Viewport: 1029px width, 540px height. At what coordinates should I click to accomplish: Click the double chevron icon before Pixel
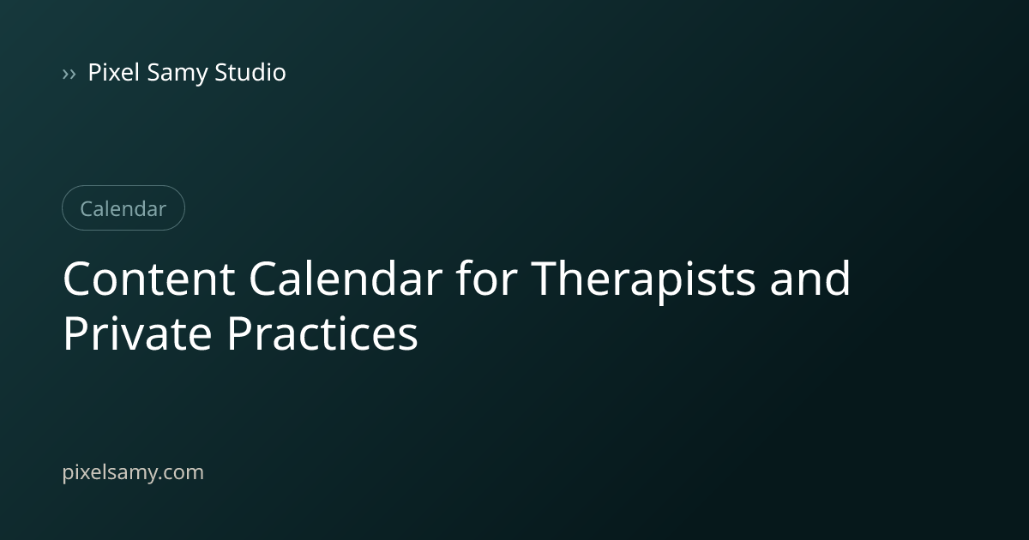click(x=69, y=74)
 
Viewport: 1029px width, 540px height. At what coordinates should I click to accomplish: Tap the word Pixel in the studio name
click(x=113, y=72)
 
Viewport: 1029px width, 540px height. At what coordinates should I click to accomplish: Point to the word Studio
click(x=250, y=72)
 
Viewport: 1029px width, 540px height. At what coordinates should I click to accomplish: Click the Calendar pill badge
click(x=123, y=208)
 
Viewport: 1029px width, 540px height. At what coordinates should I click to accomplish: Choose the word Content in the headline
click(x=149, y=279)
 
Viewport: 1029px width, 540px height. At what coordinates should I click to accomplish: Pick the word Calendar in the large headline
click(x=346, y=278)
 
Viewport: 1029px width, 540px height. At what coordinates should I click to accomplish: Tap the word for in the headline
click(x=486, y=278)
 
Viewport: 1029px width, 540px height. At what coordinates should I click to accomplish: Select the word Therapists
click(x=643, y=281)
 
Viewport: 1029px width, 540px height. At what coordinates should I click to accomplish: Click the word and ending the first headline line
click(x=809, y=278)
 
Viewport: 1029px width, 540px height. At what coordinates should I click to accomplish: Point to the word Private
click(x=137, y=333)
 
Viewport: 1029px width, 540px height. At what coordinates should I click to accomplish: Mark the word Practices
click(x=322, y=333)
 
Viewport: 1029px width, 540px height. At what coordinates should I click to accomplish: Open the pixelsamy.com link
click(x=133, y=472)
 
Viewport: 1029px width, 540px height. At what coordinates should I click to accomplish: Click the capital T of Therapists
click(x=545, y=279)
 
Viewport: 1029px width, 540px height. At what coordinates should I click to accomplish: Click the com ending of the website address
click(x=184, y=472)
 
